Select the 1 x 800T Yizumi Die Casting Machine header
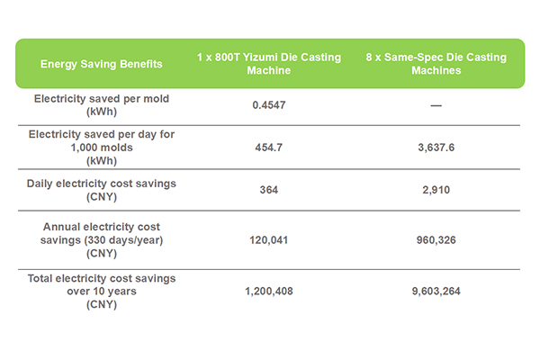click(269, 63)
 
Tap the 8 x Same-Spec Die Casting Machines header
click(436, 63)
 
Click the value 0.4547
click(269, 105)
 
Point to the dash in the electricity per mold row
click(436, 105)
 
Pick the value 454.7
click(269, 146)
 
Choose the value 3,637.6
click(436, 146)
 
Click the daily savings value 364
click(269, 191)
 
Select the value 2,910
click(436, 191)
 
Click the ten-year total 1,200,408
click(269, 292)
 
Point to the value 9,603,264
click(436, 292)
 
